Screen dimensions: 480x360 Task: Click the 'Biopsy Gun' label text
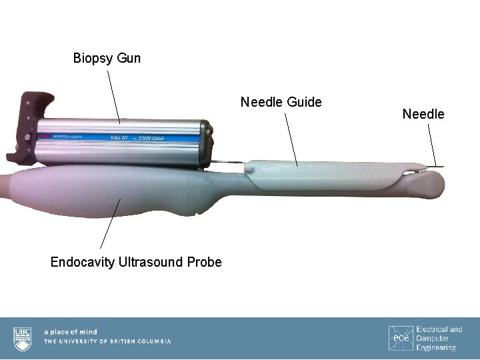click(x=107, y=58)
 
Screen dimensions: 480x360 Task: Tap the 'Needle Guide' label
click(x=281, y=102)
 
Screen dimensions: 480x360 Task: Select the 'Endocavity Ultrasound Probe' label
click(x=136, y=262)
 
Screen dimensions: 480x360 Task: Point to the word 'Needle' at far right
click(x=423, y=114)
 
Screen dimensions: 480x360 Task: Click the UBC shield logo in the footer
click(x=22, y=338)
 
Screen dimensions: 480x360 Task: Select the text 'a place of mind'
click(x=70, y=331)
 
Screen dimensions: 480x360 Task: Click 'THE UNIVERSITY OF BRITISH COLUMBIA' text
click(x=107, y=341)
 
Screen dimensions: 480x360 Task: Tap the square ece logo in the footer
click(x=400, y=338)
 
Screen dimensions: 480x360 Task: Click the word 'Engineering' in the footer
click(x=436, y=347)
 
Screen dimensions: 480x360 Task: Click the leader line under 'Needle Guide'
click(x=291, y=137)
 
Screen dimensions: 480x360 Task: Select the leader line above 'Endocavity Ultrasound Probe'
click(x=109, y=224)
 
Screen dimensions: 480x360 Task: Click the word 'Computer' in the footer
click(x=433, y=339)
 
